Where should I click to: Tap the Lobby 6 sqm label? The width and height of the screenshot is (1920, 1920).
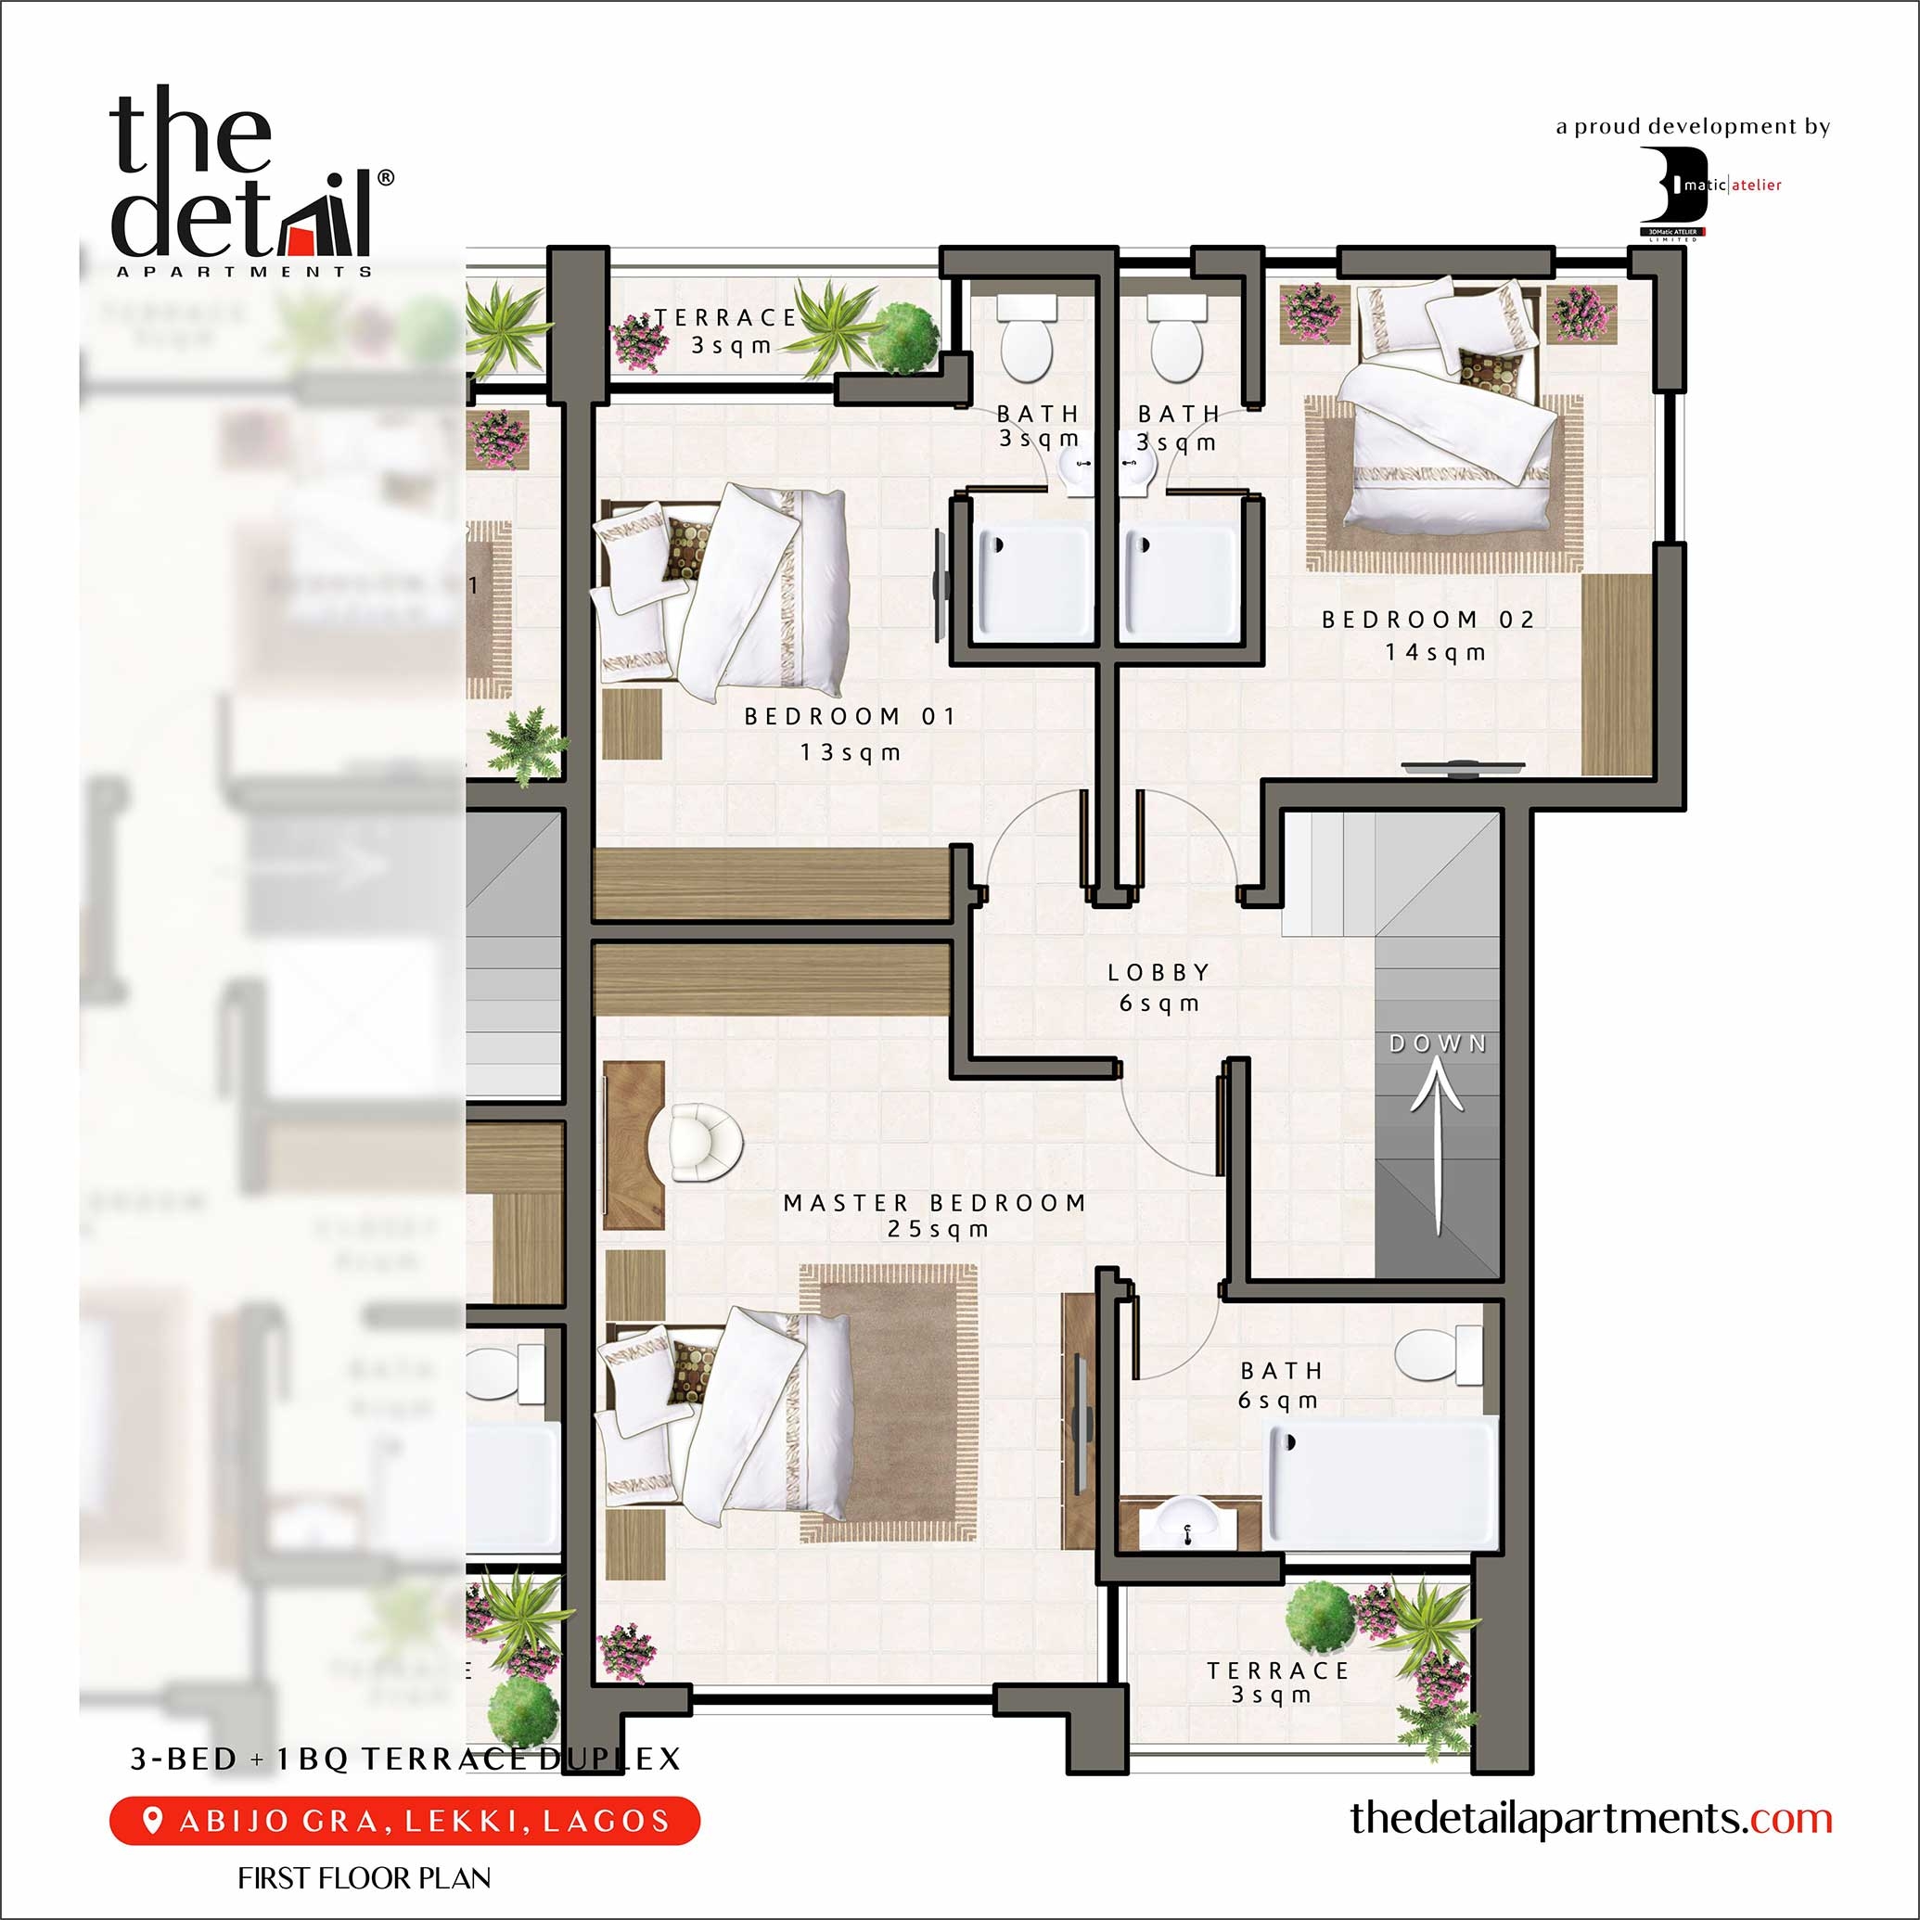point(1158,987)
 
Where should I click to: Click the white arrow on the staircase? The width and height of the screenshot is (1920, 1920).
point(1437,1143)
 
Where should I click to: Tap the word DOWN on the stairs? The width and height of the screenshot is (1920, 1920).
point(1437,1043)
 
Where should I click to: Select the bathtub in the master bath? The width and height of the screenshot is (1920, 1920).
point(1381,1483)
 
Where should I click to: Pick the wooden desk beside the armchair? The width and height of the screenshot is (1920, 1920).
point(632,1145)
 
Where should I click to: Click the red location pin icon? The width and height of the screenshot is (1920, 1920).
point(152,1820)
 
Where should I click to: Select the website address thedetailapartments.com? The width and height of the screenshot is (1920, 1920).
point(1590,1818)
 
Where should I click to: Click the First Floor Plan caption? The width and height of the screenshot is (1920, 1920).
point(364,1878)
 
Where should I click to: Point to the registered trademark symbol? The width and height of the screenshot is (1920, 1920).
point(386,178)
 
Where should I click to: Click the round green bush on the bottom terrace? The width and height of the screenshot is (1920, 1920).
point(1320,1617)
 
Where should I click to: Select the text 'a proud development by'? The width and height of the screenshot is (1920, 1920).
point(1693,126)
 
